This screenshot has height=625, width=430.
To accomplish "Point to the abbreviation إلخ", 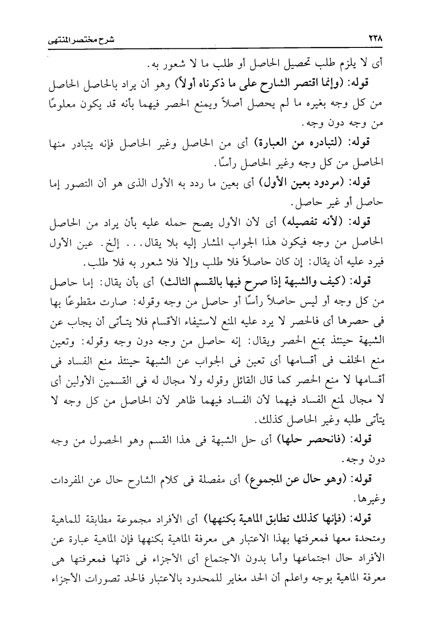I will [x=126, y=243].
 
